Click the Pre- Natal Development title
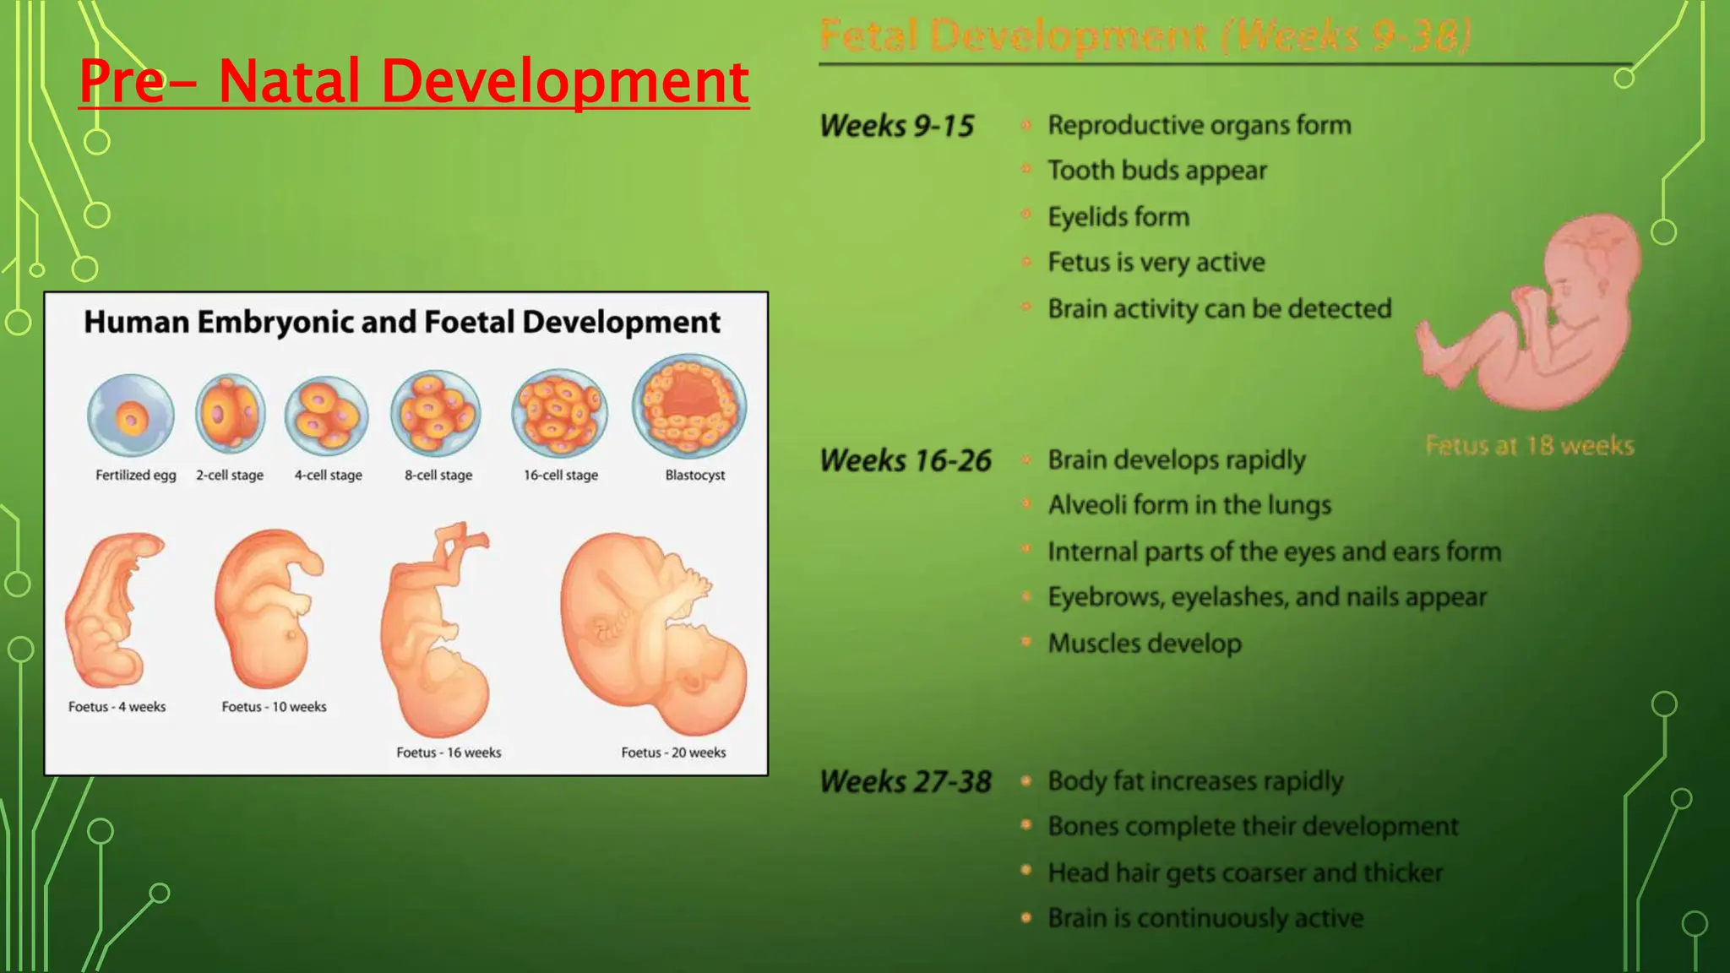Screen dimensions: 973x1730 (x=413, y=81)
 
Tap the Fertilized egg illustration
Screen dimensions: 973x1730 (x=131, y=416)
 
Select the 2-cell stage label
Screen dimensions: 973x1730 (x=230, y=476)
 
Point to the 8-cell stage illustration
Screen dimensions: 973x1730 (x=436, y=414)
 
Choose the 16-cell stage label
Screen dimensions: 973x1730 (x=560, y=476)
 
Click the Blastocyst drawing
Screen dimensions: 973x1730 (x=689, y=406)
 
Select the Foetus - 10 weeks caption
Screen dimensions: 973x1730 (x=274, y=707)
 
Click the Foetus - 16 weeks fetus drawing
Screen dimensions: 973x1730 (x=435, y=633)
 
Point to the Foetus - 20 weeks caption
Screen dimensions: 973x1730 (x=673, y=753)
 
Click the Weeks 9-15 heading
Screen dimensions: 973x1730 (x=896, y=126)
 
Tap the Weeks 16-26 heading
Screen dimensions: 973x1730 (x=905, y=460)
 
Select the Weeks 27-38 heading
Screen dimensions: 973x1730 (x=905, y=781)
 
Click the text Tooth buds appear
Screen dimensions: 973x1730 (x=1156, y=171)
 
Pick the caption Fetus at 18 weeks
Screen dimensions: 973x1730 (x=1529, y=445)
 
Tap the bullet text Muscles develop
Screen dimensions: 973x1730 (x=1144, y=644)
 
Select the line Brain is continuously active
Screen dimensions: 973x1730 (x=1205, y=918)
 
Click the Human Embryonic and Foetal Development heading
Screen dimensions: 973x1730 (x=402, y=322)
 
